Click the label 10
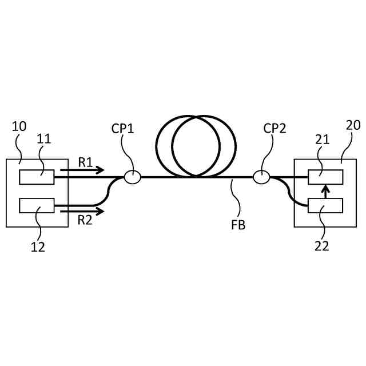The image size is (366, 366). (x=19, y=126)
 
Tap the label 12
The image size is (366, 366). (x=38, y=247)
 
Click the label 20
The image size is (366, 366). (x=353, y=126)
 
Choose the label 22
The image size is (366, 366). (x=322, y=246)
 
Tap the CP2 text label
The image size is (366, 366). (x=274, y=129)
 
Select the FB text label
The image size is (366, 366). (x=238, y=225)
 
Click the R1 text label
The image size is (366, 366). (x=86, y=162)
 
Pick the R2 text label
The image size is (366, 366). (x=86, y=220)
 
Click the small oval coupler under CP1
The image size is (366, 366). (x=132, y=177)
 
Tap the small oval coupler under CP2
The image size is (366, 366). (x=261, y=177)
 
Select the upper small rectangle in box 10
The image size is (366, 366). (x=37, y=177)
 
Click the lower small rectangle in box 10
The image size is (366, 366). (x=37, y=205)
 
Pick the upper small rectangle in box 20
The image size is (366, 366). (x=325, y=177)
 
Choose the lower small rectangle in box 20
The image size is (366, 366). (x=325, y=205)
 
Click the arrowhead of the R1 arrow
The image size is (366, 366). (x=101, y=170)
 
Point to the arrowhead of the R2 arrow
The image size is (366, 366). (x=101, y=211)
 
